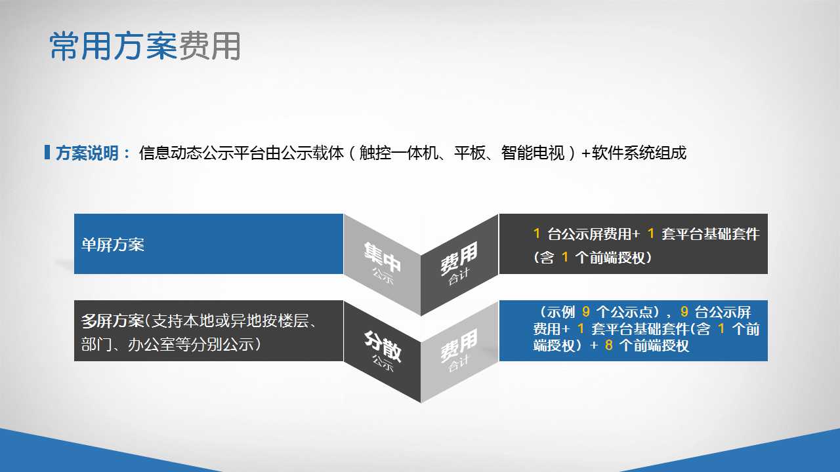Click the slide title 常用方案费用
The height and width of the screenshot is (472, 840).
(x=145, y=46)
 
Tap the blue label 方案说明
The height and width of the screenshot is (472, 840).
(x=87, y=153)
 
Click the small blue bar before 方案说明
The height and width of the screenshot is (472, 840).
(x=47, y=152)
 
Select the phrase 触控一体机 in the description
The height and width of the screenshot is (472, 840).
(x=398, y=153)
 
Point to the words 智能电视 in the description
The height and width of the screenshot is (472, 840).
(x=532, y=153)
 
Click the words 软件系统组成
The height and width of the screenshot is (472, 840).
(x=639, y=153)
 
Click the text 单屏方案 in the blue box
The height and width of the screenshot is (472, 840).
(x=112, y=245)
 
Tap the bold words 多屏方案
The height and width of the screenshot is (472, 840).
(x=112, y=321)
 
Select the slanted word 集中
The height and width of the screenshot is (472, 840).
(x=382, y=256)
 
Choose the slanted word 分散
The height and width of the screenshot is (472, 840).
(x=383, y=346)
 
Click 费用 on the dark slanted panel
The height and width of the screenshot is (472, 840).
(x=459, y=258)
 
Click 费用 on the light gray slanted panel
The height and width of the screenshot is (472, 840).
(x=459, y=345)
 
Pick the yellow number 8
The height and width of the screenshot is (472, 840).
(x=608, y=345)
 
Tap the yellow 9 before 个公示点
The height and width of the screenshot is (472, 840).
(x=586, y=311)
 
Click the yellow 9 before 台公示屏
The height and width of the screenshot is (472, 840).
(x=684, y=311)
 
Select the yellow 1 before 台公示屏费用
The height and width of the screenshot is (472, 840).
(x=537, y=234)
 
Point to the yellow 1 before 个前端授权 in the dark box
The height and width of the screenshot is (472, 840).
(x=565, y=258)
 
